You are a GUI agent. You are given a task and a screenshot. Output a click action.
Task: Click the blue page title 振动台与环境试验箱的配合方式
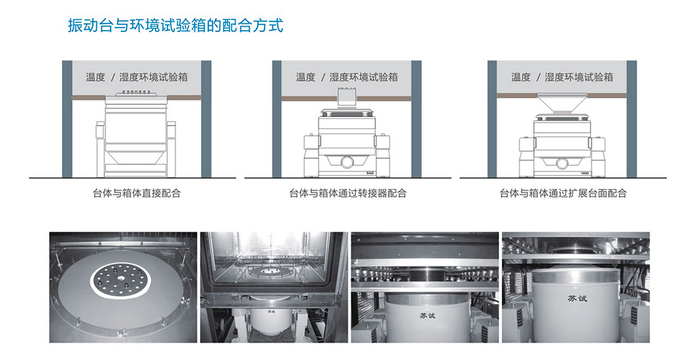point(176,26)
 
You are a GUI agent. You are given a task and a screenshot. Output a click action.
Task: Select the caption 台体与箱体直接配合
point(137,194)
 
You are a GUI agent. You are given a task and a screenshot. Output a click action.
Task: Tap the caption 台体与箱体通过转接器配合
point(347,194)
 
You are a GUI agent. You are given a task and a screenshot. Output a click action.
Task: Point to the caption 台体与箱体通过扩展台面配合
point(563,194)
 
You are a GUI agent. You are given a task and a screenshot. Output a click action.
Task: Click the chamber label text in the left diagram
point(137,77)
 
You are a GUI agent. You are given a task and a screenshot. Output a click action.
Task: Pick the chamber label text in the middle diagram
point(347,77)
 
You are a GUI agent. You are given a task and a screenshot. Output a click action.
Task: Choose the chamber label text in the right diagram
point(562,77)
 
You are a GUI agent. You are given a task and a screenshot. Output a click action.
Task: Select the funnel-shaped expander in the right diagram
point(562,104)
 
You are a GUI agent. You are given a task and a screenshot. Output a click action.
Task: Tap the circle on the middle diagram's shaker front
point(347,162)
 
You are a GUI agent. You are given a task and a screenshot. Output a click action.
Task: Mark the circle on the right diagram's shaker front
point(562,162)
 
